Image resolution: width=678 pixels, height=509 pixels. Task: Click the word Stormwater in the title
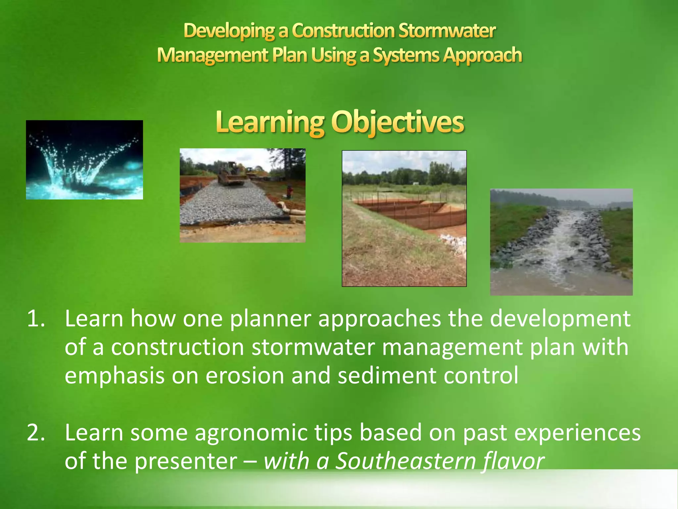(447, 31)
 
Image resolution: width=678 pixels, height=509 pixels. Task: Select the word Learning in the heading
(269, 123)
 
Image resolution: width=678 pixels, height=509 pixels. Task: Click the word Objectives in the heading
(398, 123)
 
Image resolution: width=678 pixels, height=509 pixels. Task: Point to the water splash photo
(84, 160)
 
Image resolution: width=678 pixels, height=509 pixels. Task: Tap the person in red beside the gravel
(290, 192)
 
